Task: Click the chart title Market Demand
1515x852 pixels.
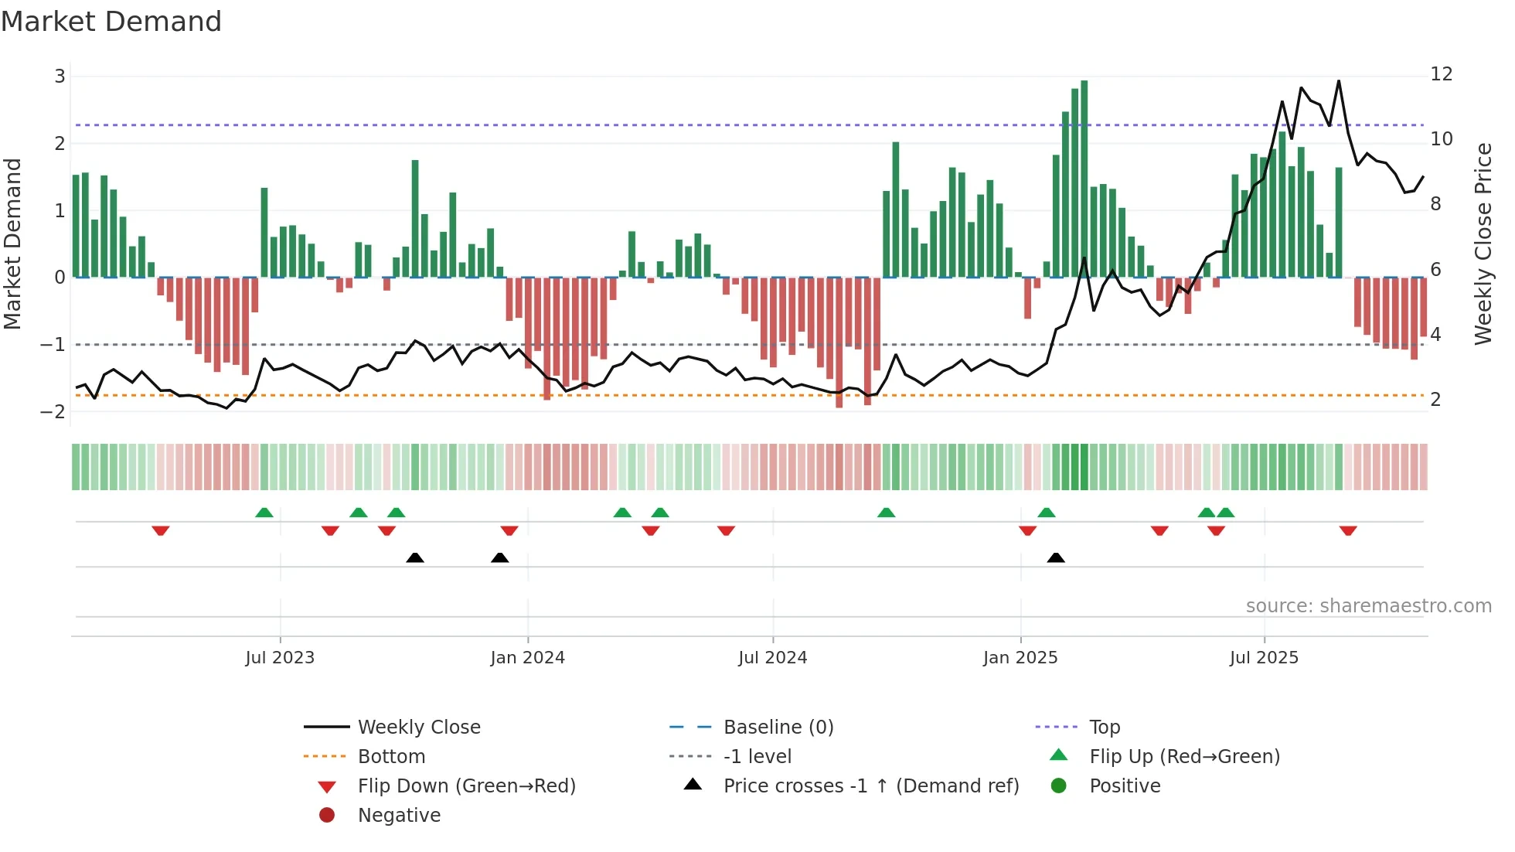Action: coord(111,22)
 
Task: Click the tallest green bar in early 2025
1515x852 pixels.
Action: coord(1084,178)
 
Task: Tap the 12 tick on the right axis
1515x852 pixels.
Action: coord(1441,74)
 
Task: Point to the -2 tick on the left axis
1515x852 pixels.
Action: coord(53,411)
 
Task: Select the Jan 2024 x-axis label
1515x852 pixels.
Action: coord(527,658)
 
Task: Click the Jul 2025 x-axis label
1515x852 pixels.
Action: coord(1264,658)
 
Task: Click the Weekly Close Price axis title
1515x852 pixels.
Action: coord(1483,244)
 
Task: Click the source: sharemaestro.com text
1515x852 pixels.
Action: coord(1368,606)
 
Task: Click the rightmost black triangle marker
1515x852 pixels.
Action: coord(1056,557)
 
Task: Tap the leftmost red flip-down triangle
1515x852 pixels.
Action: coord(161,530)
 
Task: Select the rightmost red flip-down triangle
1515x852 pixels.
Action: coord(1348,530)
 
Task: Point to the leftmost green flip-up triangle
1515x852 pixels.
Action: coord(264,513)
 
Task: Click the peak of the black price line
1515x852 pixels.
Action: coord(1339,81)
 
